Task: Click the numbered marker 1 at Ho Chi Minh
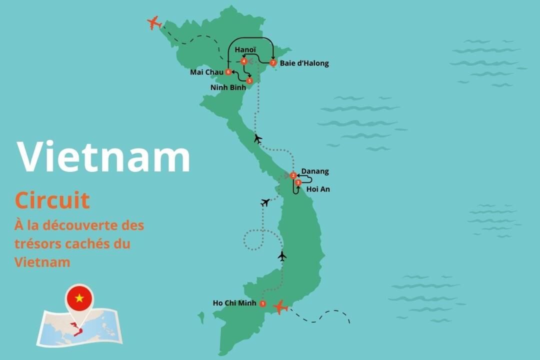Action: point(263,303)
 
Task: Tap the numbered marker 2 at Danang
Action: point(293,175)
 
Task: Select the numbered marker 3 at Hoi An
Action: point(298,183)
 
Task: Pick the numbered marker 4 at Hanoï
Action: point(243,61)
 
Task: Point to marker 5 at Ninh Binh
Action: point(250,80)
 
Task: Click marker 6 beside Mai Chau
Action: point(228,72)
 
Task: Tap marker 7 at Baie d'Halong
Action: point(272,63)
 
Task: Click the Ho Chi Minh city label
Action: point(234,303)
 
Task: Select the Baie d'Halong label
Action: point(304,63)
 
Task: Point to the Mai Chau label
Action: point(206,72)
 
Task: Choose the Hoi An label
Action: point(318,189)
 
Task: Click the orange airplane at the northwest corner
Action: point(154,22)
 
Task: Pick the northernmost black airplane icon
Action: point(258,138)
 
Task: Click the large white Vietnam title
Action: point(104,156)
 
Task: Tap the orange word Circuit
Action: point(52,200)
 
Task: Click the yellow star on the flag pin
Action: point(79,298)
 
